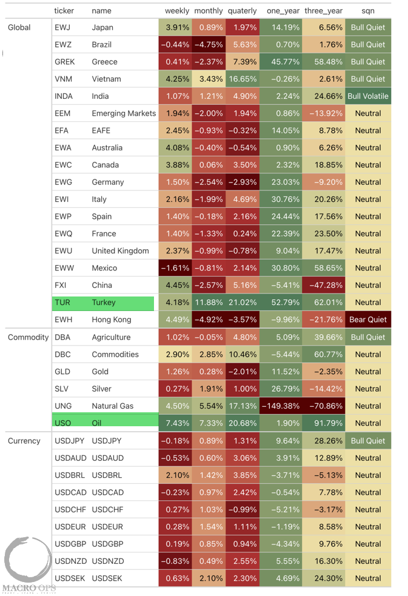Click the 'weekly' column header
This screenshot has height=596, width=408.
point(177,11)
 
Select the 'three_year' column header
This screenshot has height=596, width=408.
point(323,11)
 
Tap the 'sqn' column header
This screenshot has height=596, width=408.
point(368,11)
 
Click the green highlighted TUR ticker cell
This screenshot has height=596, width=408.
point(103,303)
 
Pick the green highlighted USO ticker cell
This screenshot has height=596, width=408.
point(103,423)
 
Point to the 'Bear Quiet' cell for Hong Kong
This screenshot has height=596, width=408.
point(368,320)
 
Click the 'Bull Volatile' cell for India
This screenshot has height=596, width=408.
point(368,96)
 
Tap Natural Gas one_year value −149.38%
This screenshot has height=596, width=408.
point(281,406)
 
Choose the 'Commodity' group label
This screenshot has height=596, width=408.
point(28,337)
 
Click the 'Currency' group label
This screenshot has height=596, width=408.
point(24,441)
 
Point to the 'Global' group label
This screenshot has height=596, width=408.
point(19,27)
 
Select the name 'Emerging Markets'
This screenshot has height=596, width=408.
point(124,113)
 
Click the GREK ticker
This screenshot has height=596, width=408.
point(65,62)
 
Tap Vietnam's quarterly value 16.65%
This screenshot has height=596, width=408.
point(242,79)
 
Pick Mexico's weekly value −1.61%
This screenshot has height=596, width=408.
point(176,268)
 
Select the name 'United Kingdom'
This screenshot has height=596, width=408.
point(120,251)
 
